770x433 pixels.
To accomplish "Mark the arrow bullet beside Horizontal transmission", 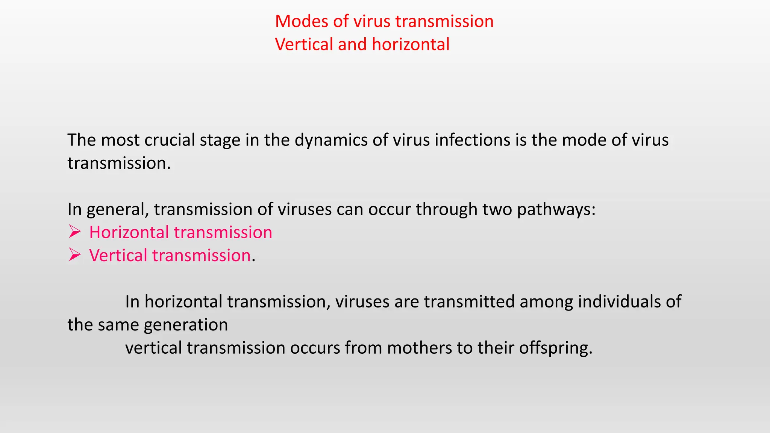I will click(x=74, y=232).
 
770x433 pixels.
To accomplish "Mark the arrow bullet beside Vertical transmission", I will click(x=74, y=255).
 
